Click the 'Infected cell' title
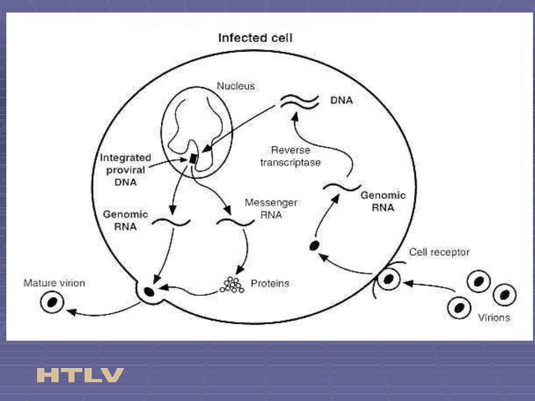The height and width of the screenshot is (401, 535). (x=255, y=38)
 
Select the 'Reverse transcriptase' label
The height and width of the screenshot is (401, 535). (x=296, y=156)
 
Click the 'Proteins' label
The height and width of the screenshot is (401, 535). (x=270, y=284)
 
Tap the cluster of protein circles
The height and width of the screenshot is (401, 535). (x=232, y=285)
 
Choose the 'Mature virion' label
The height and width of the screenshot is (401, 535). (x=54, y=284)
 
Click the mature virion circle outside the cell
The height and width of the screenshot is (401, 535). (x=53, y=302)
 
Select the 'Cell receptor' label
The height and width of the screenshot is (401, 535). (x=439, y=252)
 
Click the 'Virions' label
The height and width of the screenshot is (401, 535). (x=494, y=317)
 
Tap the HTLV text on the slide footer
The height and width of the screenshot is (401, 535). (x=80, y=375)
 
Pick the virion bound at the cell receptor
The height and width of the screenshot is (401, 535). (x=388, y=279)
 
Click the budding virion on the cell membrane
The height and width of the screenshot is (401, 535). (x=149, y=291)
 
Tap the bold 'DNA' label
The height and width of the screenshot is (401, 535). (x=341, y=101)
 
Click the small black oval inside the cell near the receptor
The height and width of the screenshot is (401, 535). (x=314, y=244)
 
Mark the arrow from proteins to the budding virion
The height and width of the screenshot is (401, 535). (x=188, y=290)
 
